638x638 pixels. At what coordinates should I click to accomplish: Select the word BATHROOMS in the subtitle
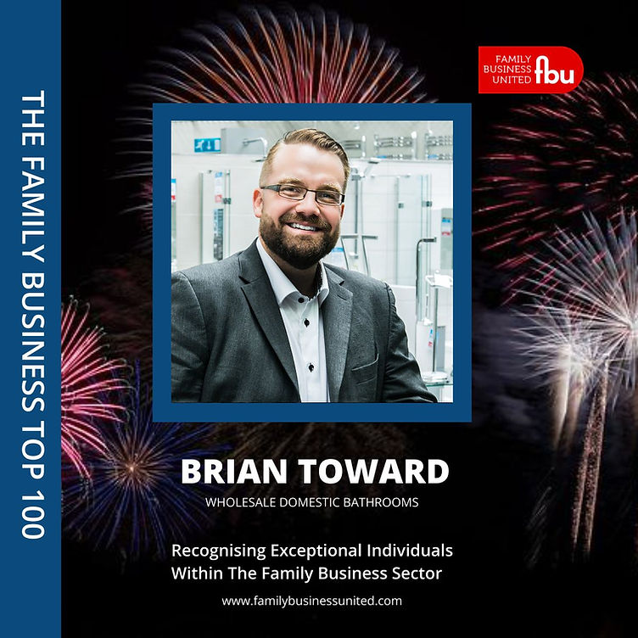[380, 502]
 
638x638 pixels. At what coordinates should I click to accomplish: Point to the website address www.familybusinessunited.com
[312, 601]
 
